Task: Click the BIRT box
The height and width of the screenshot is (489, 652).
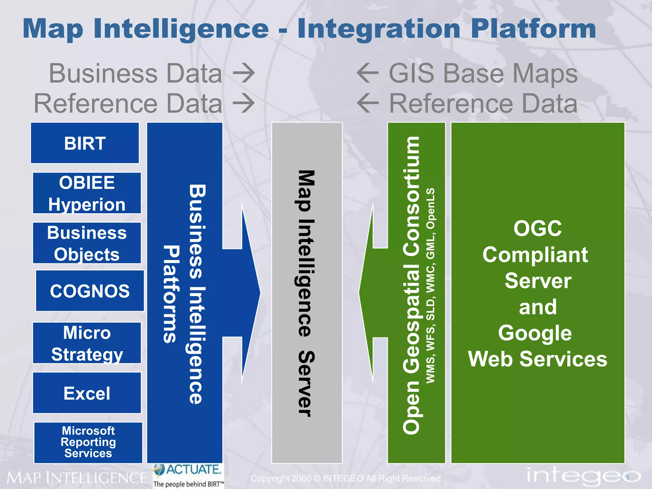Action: pyautogui.click(x=85, y=143)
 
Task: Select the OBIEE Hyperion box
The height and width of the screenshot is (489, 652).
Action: pyautogui.click(x=87, y=193)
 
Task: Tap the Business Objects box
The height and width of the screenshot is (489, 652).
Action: pyautogui.click(x=87, y=243)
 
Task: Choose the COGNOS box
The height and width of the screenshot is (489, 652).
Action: pyautogui.click(x=90, y=291)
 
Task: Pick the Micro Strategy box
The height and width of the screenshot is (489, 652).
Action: pyautogui.click(x=87, y=343)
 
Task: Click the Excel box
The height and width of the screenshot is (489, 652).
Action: pyautogui.click(x=87, y=393)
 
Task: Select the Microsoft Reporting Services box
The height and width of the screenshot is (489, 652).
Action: pyautogui.click(x=88, y=442)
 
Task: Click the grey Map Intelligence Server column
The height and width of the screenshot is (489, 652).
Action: pyautogui.click(x=307, y=293)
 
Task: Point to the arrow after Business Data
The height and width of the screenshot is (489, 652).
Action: pyautogui.click(x=244, y=73)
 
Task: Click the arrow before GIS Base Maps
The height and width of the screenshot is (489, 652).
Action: pyautogui.click(x=368, y=73)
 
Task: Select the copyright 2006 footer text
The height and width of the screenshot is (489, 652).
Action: pyautogui.click(x=345, y=478)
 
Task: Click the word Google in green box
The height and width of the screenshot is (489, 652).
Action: pyautogui.click(x=535, y=333)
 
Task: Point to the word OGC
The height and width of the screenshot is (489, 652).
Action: pyautogui.click(x=538, y=228)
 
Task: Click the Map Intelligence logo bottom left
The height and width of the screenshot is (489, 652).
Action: pyautogui.click(x=76, y=478)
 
